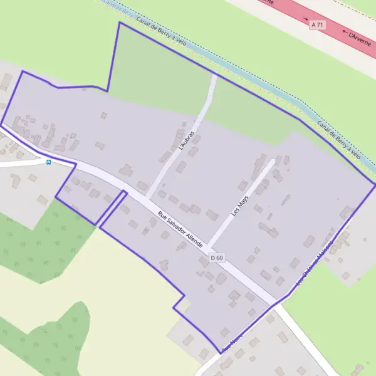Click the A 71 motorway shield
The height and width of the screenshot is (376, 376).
click(x=318, y=24)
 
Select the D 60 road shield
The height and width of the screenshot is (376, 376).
click(x=217, y=258)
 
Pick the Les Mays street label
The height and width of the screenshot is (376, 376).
click(x=239, y=204)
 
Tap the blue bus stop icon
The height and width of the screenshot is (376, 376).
click(x=49, y=161)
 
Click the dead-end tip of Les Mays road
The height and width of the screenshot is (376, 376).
click(x=273, y=162)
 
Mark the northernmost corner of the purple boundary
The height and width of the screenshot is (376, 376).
click(x=119, y=23)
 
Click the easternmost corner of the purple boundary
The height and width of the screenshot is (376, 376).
click(x=374, y=185)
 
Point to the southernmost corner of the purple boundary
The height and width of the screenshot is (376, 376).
click(x=220, y=353)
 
